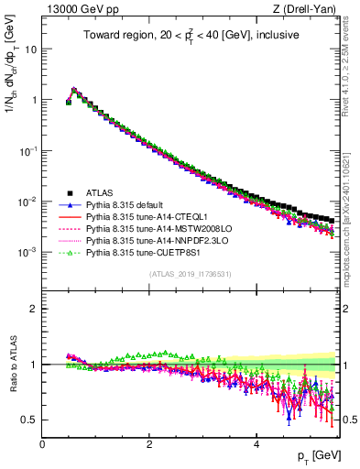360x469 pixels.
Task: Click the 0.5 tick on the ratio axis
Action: (x=30, y=420)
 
